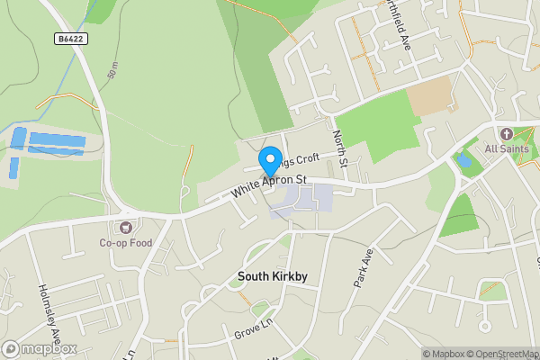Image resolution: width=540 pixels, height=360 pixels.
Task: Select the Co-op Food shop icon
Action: pyautogui.click(x=126, y=229)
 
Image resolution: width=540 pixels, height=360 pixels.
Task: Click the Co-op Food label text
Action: pyautogui.click(x=126, y=243)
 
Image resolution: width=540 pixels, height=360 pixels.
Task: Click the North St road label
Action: pyautogui.click(x=339, y=148)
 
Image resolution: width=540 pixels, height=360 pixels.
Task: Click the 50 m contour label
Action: pyautogui.click(x=112, y=71)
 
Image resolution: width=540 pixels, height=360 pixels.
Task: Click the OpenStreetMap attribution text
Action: pyautogui.click(x=498, y=354)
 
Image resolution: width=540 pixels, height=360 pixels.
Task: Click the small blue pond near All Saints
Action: pyautogui.click(x=463, y=161)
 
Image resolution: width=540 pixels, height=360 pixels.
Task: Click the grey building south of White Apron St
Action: pyautogui.click(x=301, y=200)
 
